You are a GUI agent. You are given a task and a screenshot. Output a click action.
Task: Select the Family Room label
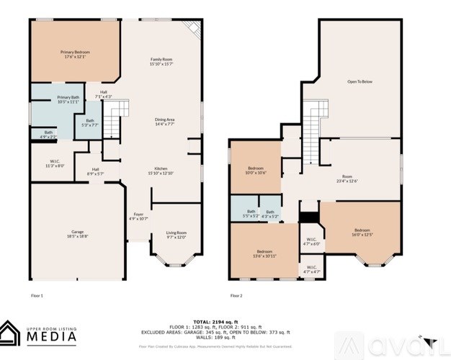[161, 61]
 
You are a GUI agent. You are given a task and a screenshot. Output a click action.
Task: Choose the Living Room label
[177, 234]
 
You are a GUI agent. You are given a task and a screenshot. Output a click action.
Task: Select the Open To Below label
[360, 82]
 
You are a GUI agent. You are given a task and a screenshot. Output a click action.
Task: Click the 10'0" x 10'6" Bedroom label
[256, 170]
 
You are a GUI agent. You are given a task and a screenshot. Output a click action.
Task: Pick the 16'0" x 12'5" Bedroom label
[362, 232]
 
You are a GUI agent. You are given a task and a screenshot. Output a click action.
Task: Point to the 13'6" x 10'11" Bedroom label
[264, 253]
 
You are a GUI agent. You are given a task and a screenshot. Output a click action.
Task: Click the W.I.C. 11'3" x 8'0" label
[55, 163]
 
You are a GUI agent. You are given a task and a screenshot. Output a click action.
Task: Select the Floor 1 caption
[37, 295]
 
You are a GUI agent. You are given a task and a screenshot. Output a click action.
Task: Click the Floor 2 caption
[237, 295]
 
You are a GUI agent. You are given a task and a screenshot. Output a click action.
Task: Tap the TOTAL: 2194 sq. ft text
[225, 323]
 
